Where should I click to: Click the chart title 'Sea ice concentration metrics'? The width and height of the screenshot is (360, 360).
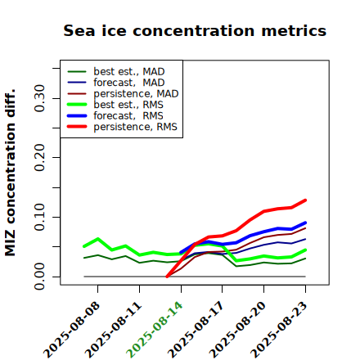[195, 30]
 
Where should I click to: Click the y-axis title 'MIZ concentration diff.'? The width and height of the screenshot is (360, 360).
[10, 173]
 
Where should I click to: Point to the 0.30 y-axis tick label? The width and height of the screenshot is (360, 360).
[40, 98]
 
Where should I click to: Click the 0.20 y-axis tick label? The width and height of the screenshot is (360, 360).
[40, 158]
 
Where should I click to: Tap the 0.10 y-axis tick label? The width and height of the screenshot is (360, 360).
[40, 217]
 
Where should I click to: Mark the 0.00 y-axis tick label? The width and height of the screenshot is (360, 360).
[40, 277]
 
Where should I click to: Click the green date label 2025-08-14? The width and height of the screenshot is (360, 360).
[155, 330]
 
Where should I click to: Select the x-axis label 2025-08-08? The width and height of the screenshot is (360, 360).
[71, 330]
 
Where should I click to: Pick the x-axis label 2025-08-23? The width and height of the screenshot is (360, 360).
[279, 330]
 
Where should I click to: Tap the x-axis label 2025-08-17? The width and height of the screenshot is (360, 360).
[196, 330]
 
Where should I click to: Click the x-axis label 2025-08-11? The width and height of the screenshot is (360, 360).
[113, 330]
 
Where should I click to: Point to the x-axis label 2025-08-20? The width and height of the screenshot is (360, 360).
[237, 330]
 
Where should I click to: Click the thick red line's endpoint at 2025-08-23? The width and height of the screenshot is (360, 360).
[305, 200]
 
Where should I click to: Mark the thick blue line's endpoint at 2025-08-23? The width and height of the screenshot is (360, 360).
[305, 223]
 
